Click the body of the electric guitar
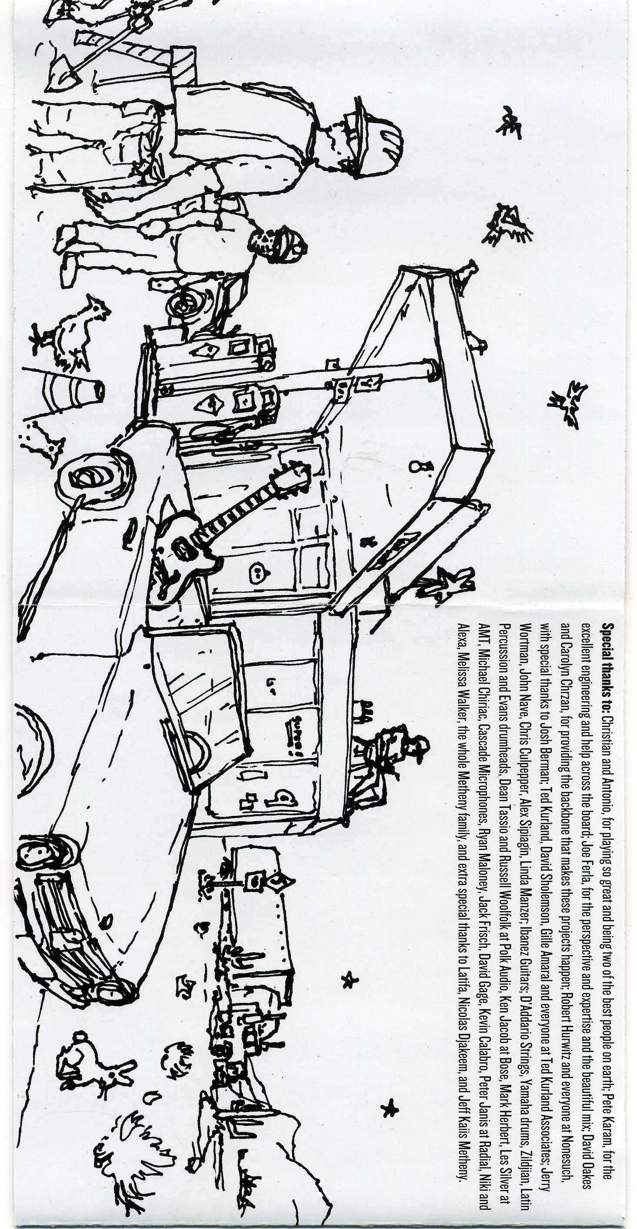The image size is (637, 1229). [183, 549]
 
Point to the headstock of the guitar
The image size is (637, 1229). [291, 472]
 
